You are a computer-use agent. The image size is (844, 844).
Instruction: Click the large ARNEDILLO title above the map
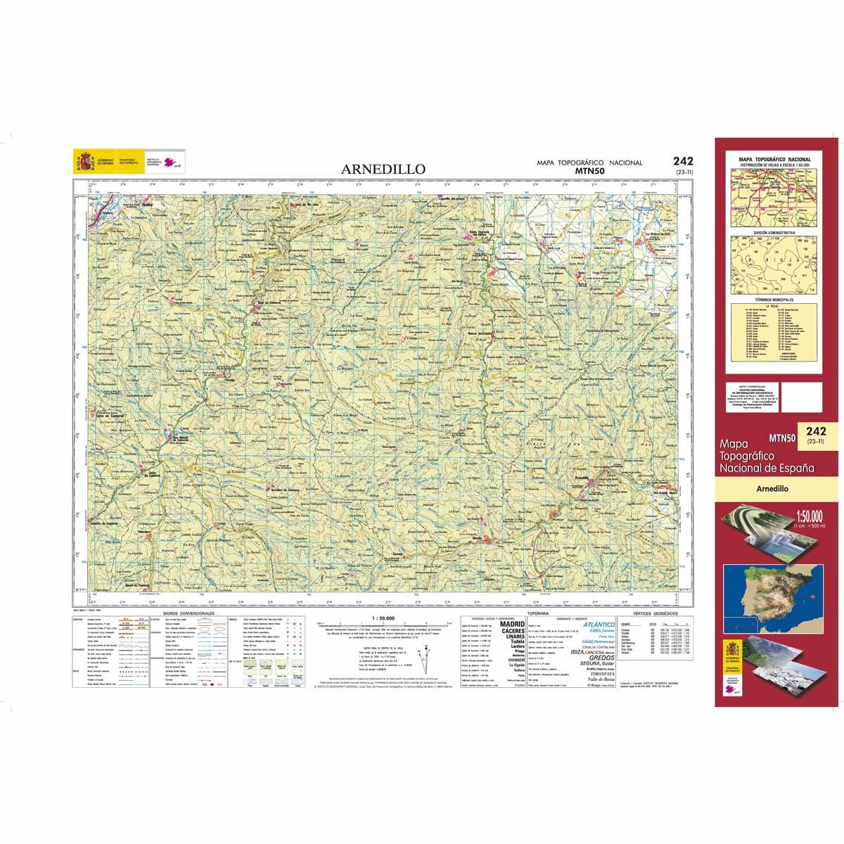(x=383, y=169)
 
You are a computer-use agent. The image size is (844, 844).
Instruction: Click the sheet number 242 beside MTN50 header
(x=682, y=161)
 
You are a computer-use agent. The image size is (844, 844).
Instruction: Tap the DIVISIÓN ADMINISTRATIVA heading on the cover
(x=772, y=231)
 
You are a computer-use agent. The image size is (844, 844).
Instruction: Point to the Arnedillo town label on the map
(x=581, y=478)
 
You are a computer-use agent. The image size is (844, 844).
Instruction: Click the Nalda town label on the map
(x=147, y=205)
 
